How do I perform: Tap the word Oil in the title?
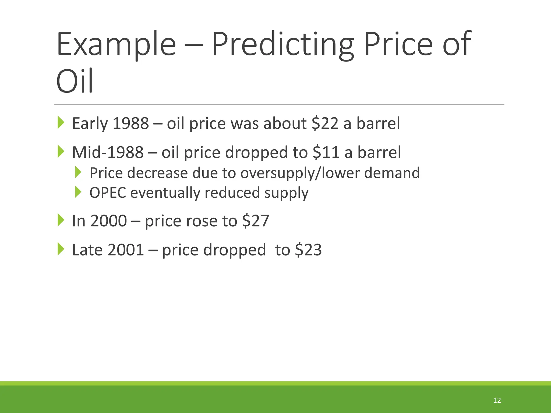pyautogui.click(x=75, y=81)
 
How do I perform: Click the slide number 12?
pyautogui.click(x=497, y=400)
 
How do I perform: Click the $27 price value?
pyautogui.click(x=256, y=221)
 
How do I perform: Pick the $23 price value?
pyautogui.click(x=308, y=250)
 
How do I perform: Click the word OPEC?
pyautogui.click(x=108, y=193)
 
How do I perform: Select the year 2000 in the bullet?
pyautogui.click(x=108, y=221)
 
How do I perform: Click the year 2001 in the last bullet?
pyautogui.click(x=126, y=250)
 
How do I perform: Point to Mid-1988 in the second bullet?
pyautogui.click(x=108, y=152)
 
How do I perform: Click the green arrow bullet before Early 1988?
pyautogui.click(x=61, y=123)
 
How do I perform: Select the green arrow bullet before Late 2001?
pyautogui.click(x=61, y=249)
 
